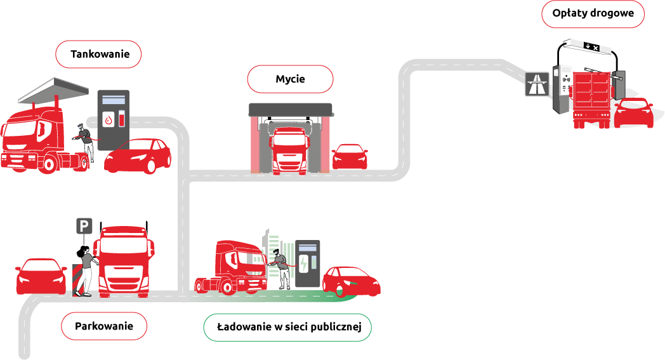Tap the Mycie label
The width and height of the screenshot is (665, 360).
click(x=291, y=79)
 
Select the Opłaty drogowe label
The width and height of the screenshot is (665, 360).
click(x=593, y=13)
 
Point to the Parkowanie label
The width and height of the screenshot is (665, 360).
click(x=104, y=326)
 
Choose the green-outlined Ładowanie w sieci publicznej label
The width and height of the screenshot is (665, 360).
click(x=287, y=328)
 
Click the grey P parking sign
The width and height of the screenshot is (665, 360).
click(x=84, y=226)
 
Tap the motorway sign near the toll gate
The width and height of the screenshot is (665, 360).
click(x=537, y=84)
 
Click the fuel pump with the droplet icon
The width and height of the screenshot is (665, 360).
click(x=114, y=120)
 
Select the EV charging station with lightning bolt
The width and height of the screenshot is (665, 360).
click(x=308, y=263)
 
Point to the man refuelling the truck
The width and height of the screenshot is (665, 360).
click(x=86, y=142)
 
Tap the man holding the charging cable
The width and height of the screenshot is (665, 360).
click(x=280, y=269)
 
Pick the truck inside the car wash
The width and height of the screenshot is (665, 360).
click(x=290, y=150)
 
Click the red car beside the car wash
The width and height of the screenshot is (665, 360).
click(x=350, y=157)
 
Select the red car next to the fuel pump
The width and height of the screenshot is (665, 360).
click(x=138, y=156)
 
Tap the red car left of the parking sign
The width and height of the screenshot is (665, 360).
click(x=41, y=276)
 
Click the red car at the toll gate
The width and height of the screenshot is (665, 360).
click(x=634, y=113)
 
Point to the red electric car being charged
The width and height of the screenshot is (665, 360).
click(x=351, y=281)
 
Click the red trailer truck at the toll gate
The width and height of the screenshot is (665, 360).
click(x=591, y=99)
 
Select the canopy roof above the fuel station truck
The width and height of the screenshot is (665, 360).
click(x=54, y=90)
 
